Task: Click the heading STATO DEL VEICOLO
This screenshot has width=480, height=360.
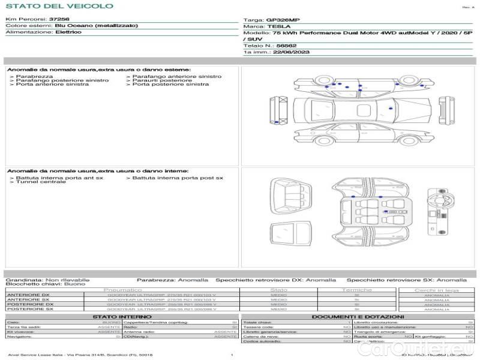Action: [59, 6]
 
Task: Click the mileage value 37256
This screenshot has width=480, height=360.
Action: [59, 20]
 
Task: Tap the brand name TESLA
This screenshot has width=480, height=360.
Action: [278, 27]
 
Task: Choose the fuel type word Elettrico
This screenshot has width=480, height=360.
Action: [68, 32]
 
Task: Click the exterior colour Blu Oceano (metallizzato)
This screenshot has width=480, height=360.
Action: [96, 26]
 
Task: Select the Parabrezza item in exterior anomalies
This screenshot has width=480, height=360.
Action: [34, 77]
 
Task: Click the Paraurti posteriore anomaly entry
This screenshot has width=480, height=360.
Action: [162, 80]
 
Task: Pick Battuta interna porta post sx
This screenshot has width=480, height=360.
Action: [177, 178]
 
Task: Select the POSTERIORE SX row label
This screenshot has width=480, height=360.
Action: [28, 309]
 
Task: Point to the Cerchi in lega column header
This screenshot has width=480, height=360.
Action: [436, 290]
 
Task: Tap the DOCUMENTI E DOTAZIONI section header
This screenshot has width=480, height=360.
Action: [358, 317]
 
